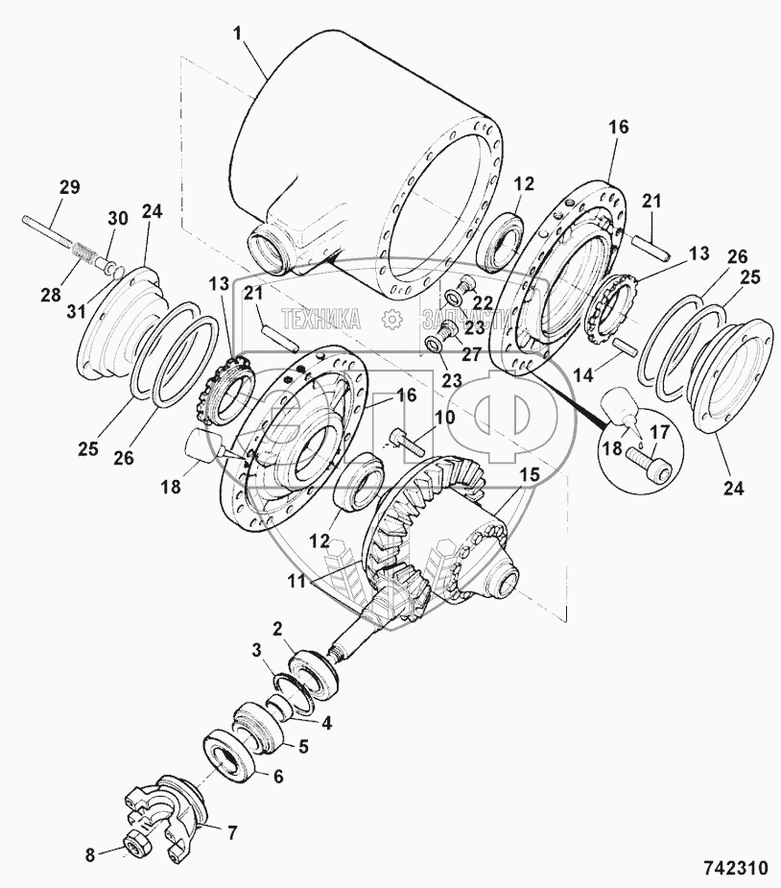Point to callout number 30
pyautogui.click(x=117, y=219)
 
